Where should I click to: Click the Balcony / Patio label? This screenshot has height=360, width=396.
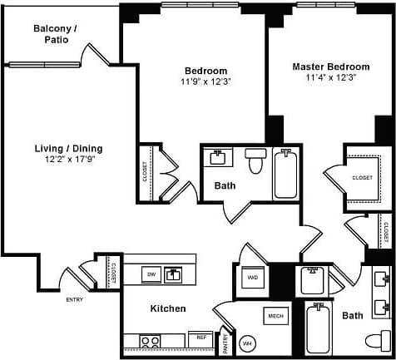click(55, 33)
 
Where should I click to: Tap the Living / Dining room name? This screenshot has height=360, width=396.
click(68, 148)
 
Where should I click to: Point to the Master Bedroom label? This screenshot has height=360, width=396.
click(330, 66)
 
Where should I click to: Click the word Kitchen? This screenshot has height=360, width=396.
click(167, 308)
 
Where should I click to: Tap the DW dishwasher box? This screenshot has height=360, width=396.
click(151, 274)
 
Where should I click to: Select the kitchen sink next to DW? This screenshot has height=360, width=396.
click(174, 274)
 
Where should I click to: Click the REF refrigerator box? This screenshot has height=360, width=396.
click(200, 339)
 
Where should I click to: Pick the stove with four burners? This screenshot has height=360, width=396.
click(150, 340)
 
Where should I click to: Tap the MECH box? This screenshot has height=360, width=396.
click(275, 316)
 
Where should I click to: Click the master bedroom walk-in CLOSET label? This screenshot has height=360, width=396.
click(362, 177)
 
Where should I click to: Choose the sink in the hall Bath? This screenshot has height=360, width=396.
click(220, 157)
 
